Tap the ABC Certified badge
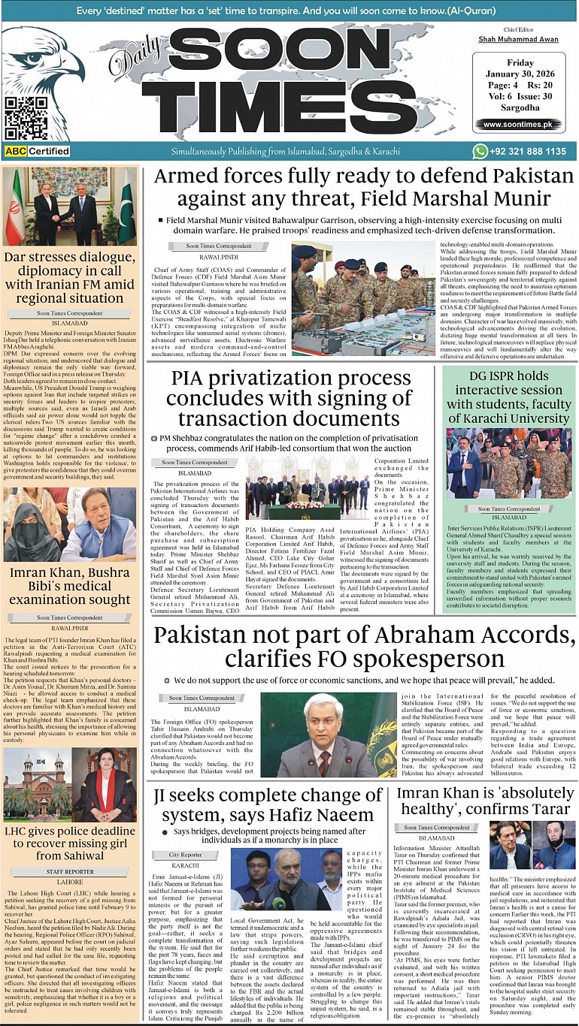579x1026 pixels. coord(37,151)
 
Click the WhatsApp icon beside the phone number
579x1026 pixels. coord(480,151)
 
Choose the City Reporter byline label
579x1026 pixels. coord(185,855)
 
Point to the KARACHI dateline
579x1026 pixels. coord(185,865)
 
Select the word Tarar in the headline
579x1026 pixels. coord(539,808)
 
